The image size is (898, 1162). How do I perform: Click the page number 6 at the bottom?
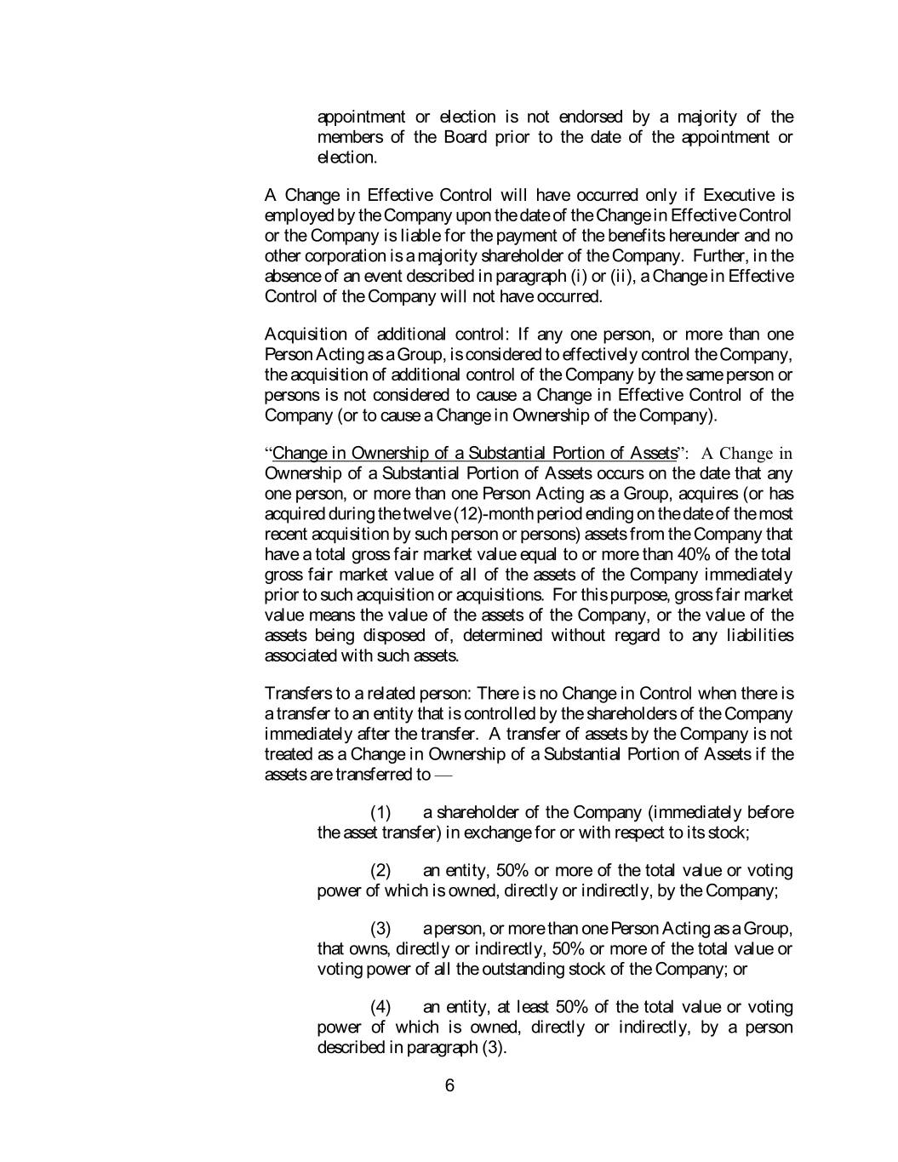click(449, 1085)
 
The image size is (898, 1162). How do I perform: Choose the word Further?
click(720, 256)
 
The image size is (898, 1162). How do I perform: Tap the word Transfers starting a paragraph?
click(295, 694)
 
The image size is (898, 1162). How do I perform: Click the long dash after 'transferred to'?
click(443, 776)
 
